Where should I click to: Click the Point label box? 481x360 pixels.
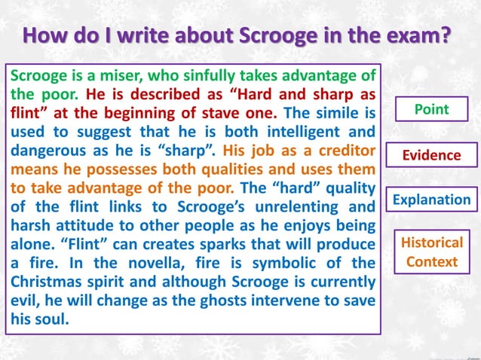431,109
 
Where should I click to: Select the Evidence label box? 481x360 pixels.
431,155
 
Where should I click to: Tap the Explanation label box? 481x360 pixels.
431,200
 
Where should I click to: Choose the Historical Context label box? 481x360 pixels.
431,252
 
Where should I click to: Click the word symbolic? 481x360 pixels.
280,264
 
